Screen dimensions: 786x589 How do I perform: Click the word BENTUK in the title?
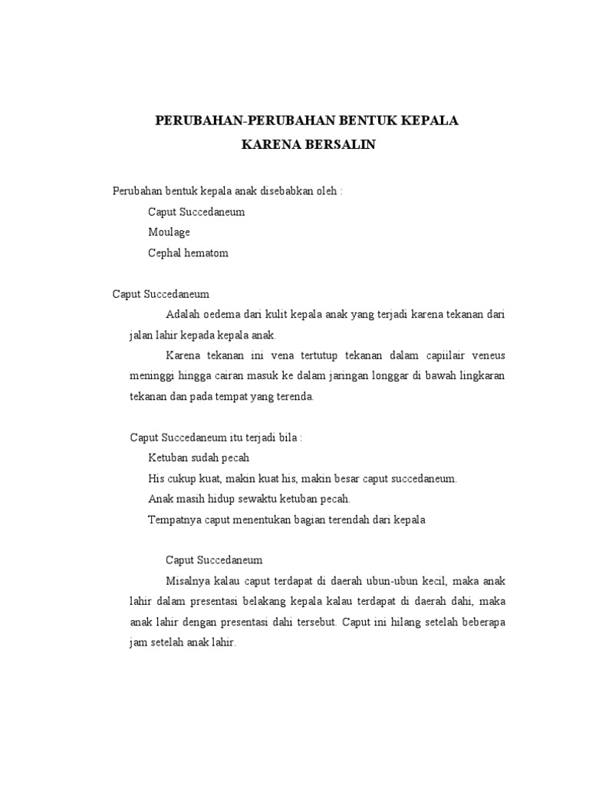359,121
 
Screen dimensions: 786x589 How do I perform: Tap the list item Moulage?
169,232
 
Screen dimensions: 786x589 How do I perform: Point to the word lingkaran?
478,377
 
